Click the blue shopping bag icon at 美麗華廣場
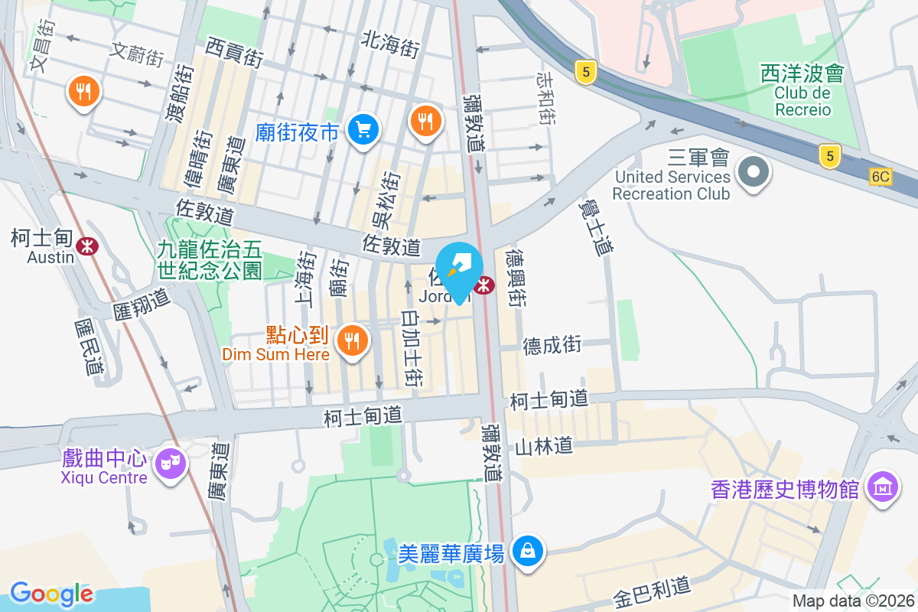528,549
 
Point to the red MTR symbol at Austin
86,245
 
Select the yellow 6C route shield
881,177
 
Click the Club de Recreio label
802,101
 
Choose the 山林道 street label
544,446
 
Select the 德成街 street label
552,345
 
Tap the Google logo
51,594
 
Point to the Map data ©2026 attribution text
853,601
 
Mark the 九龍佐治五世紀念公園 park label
210,259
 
